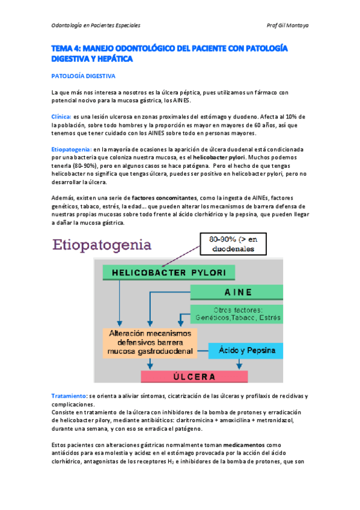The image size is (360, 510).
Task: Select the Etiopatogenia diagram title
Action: [102, 245]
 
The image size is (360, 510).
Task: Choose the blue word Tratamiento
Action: [69, 396]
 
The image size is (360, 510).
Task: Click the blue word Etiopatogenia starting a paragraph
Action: [71, 149]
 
